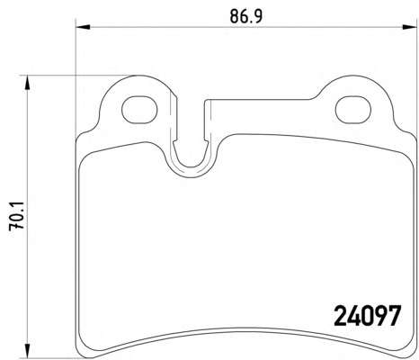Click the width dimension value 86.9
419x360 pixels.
click(245, 16)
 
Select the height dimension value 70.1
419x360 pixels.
click(16, 216)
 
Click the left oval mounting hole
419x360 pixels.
click(139, 110)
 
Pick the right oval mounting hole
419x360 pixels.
click(353, 110)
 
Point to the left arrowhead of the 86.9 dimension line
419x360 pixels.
click(83, 27)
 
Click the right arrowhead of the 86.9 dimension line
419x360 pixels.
click(410, 27)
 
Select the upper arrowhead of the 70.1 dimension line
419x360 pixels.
click(27, 82)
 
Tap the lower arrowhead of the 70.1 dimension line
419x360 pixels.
click(27, 351)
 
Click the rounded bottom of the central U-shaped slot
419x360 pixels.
click(190, 166)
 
